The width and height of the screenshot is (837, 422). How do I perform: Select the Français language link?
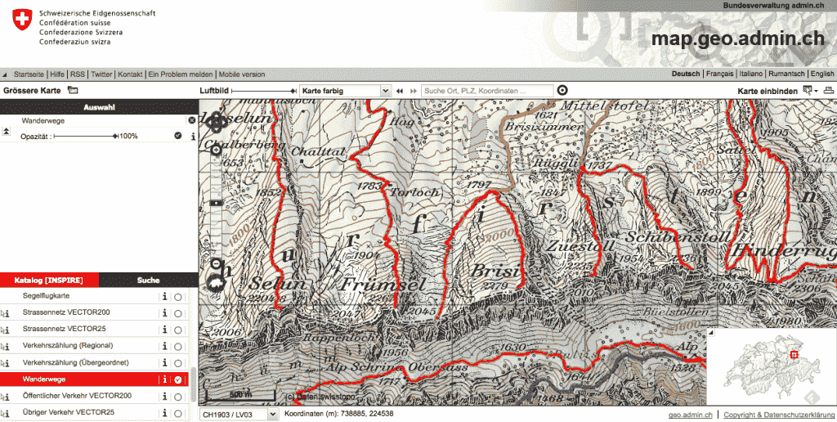click(x=719, y=74)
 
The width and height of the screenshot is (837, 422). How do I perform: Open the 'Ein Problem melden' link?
click(x=181, y=74)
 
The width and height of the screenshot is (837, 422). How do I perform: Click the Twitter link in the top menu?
click(x=101, y=74)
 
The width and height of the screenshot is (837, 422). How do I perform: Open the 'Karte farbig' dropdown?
click(x=344, y=91)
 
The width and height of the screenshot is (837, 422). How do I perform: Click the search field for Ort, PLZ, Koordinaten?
click(x=486, y=91)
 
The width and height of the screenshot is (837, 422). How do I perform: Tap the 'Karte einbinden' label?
click(x=768, y=91)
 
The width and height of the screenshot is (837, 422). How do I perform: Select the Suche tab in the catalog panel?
click(x=148, y=280)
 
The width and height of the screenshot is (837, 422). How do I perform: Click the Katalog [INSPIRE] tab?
click(x=49, y=280)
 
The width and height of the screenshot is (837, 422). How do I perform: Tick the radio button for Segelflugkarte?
click(x=177, y=296)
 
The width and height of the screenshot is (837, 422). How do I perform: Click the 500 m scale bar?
click(x=239, y=394)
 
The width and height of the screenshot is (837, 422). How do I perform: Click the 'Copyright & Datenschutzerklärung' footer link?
click(x=780, y=415)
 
